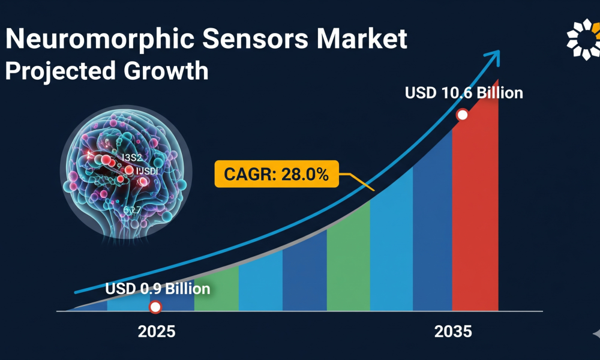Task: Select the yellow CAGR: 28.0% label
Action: (276, 175)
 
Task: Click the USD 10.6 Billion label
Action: (464, 93)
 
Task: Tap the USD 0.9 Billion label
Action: (158, 289)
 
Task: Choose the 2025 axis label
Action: (157, 331)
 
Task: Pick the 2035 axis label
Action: (452, 331)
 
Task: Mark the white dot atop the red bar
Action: (462, 115)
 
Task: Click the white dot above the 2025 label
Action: (155, 307)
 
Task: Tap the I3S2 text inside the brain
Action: (132, 158)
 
